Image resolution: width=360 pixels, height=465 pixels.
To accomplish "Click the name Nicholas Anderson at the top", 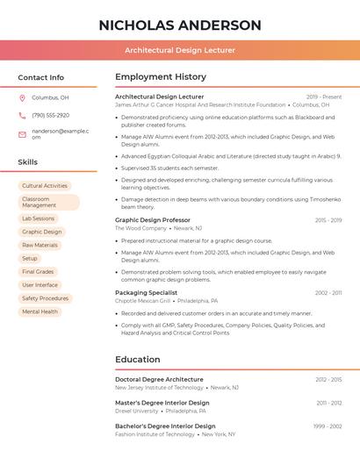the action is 180,25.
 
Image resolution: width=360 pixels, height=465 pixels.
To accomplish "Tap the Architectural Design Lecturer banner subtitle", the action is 180,50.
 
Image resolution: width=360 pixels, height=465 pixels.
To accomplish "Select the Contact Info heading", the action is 40,77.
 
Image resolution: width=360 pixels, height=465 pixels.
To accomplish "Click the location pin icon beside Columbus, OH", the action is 22,97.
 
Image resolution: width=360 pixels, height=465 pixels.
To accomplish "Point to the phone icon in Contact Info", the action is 22,115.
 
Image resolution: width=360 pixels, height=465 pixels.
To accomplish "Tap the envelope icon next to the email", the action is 22,134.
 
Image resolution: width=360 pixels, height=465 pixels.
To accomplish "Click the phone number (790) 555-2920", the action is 50,115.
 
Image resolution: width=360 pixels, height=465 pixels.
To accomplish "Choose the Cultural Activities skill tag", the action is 44,186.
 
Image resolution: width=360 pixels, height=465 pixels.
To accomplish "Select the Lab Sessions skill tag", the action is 38,218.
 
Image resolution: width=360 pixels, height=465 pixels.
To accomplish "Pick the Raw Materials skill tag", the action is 40,245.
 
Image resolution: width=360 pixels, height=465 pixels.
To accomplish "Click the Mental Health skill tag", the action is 40,311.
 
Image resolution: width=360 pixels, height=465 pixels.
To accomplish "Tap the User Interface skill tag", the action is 40,285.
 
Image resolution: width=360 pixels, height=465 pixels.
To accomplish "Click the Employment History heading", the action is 161,77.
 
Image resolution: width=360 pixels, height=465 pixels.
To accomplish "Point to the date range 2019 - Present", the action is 324,97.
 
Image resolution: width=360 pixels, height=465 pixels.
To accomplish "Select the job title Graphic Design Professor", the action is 153,220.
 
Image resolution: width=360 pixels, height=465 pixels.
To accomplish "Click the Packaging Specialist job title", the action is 146,292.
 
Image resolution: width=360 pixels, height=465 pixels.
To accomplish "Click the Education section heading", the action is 138,359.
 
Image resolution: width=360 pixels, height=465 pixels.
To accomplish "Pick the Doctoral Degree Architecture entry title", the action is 159,379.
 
